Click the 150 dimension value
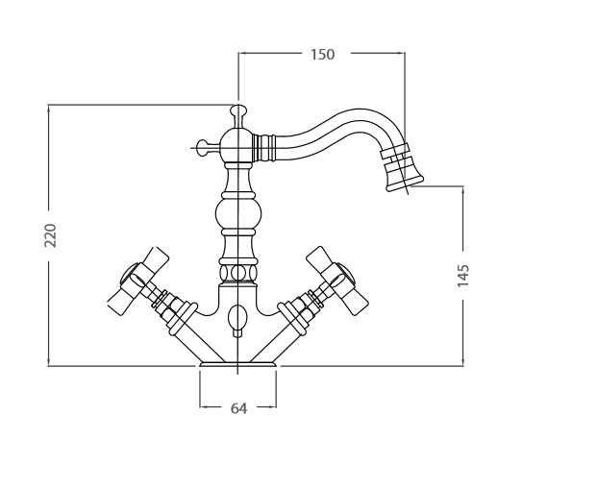322,55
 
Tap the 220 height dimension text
50,236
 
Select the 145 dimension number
463,276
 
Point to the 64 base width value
238,408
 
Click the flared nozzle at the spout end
404,172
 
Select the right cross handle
338,281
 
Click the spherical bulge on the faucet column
238,214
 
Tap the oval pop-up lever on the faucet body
237,316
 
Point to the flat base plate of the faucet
238,364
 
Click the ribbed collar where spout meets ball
263,147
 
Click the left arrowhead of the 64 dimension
204,407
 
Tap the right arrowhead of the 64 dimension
272,407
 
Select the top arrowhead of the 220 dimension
48,110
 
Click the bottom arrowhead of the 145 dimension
463,361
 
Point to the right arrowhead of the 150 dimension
401,53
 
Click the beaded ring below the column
238,273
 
